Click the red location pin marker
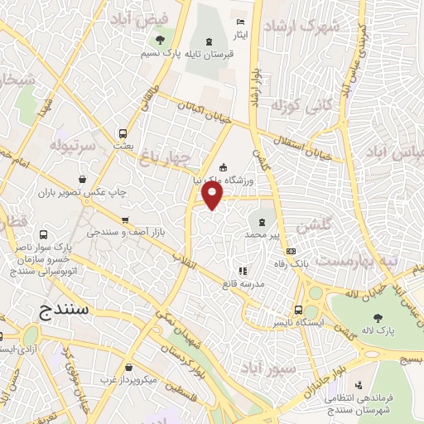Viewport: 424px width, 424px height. coord(213,195)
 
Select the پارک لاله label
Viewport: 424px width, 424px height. coord(379,331)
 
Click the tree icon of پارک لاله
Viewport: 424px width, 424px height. coord(378,316)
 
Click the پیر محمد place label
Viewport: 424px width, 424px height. coord(263,236)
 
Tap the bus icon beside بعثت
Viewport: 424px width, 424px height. coord(123,133)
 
